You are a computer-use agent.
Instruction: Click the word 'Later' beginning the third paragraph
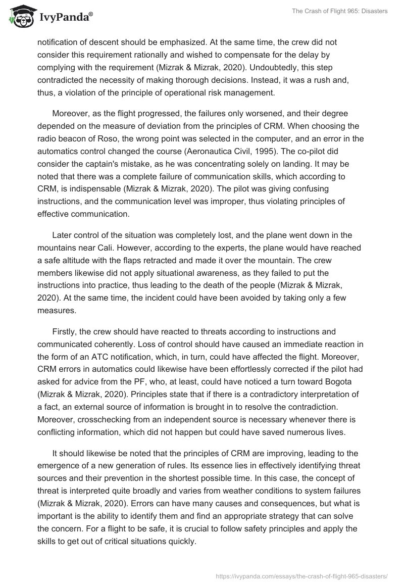pyautogui.click(x=63, y=235)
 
